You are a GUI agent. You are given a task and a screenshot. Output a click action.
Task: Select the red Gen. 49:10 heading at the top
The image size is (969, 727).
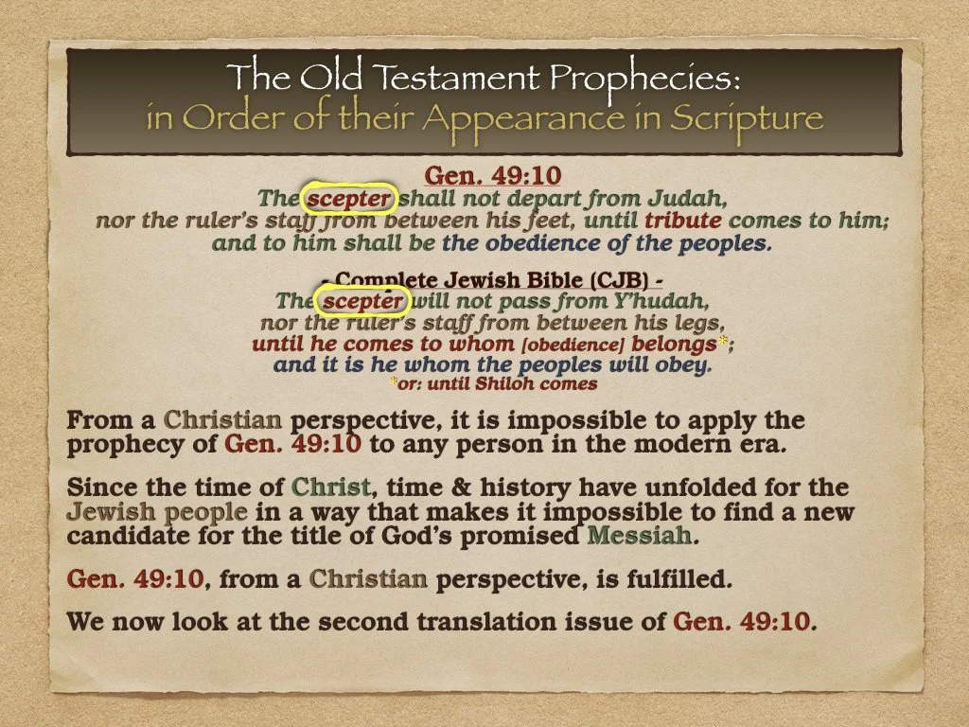coord(492,176)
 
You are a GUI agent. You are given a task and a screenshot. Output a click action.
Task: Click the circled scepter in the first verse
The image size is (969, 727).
coord(348,200)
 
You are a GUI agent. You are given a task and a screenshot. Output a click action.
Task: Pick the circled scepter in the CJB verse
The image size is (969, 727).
coord(363,302)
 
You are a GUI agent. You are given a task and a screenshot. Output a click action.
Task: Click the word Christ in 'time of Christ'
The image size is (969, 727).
coord(330,488)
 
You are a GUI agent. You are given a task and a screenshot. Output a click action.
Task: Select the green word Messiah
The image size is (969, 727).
coord(641,538)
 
